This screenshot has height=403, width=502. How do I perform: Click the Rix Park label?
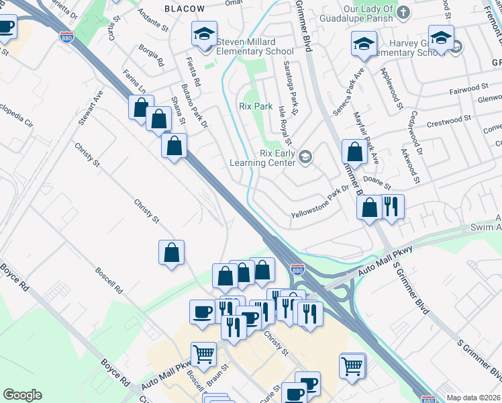coord(255,106)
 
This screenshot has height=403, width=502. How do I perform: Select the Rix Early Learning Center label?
coord(262,158)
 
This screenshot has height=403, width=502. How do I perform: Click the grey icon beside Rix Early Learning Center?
coord(305,157)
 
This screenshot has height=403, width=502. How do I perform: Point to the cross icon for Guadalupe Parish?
coord(403,12)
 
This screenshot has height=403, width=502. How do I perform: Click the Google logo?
coord(22,395)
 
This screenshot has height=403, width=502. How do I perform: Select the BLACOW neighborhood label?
coord(185,8)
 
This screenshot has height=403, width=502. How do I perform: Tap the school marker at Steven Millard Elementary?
coord(204,34)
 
